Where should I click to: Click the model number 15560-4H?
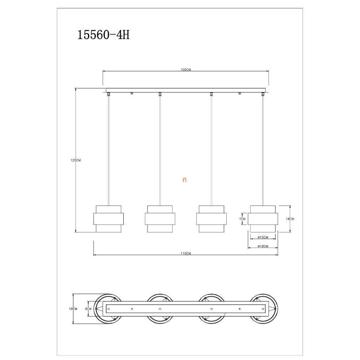pyautogui.click(x=104, y=35)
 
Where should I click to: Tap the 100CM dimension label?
pyautogui.click(x=186, y=70)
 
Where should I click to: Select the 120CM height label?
pyautogui.click(x=76, y=160)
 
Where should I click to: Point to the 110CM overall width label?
pyautogui.click(x=186, y=253)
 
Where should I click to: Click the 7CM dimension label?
pyautogui.click(x=242, y=219)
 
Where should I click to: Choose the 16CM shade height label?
pyautogui.click(x=290, y=219)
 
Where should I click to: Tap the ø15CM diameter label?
pyautogui.click(x=263, y=237)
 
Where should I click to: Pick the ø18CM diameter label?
pyautogui.click(x=263, y=246)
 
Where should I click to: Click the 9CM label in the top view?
pyautogui.click(x=88, y=309)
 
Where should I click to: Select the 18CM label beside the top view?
pyautogui.click(x=73, y=309)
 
